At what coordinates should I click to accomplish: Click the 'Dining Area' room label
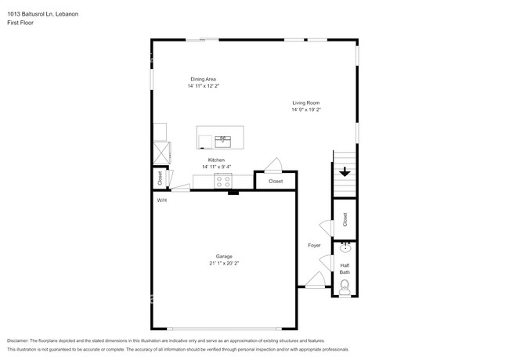203,79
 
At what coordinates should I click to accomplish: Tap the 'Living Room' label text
306,103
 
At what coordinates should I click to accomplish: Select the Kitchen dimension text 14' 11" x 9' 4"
216,167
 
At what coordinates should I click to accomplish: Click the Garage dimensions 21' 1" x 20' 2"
224,264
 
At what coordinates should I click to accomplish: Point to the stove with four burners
223,181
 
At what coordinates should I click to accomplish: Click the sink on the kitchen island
223,140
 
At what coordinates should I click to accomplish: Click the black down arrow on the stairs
345,172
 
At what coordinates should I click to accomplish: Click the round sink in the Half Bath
345,250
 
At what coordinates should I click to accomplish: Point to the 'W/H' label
161,200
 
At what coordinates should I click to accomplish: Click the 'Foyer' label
314,245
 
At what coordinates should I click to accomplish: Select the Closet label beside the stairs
345,220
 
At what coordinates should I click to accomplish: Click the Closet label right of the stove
276,181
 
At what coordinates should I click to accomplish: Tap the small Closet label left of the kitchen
161,178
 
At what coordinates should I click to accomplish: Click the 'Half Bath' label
345,268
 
